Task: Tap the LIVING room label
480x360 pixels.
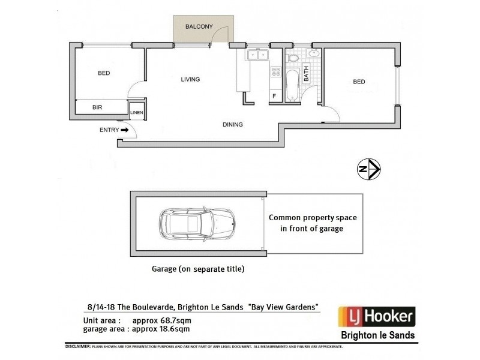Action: coord(190,79)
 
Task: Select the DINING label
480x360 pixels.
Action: coord(232,125)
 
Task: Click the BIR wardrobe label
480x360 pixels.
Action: coord(97,108)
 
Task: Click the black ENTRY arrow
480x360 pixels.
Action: coord(125,129)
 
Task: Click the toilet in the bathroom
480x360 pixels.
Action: coord(292,58)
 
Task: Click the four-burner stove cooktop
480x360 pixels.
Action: coord(276,73)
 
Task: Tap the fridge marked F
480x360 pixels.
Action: coord(274,96)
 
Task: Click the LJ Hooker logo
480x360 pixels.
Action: coord(376,317)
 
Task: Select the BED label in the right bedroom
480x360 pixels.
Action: coord(359,82)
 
